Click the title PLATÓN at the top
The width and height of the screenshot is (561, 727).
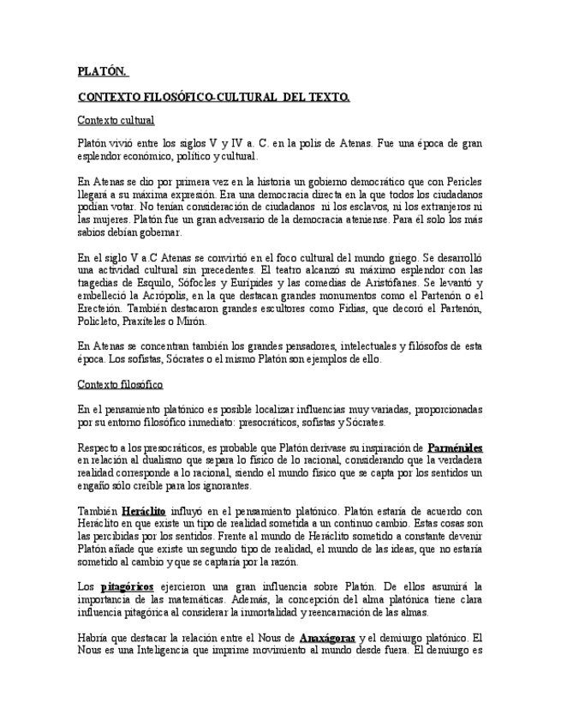(101, 71)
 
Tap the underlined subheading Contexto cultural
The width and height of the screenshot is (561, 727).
(115, 120)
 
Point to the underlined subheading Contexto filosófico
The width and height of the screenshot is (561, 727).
(120, 384)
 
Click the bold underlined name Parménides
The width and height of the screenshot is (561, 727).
(455, 448)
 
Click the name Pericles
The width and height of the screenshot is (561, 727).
(463, 182)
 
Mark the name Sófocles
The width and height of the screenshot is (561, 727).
(202, 282)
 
